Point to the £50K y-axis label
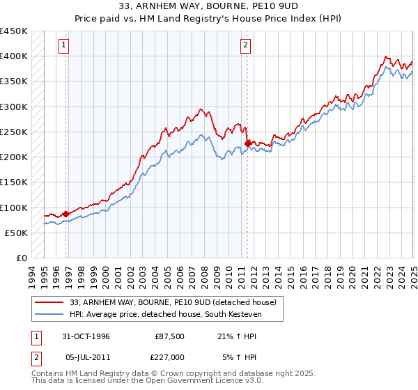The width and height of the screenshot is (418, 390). [16, 233]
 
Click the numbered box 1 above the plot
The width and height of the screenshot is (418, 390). [63, 45]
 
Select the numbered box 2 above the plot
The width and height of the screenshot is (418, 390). [246, 45]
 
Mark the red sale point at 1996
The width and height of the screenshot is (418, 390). [66, 214]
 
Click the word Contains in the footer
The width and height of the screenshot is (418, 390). [49, 374]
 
